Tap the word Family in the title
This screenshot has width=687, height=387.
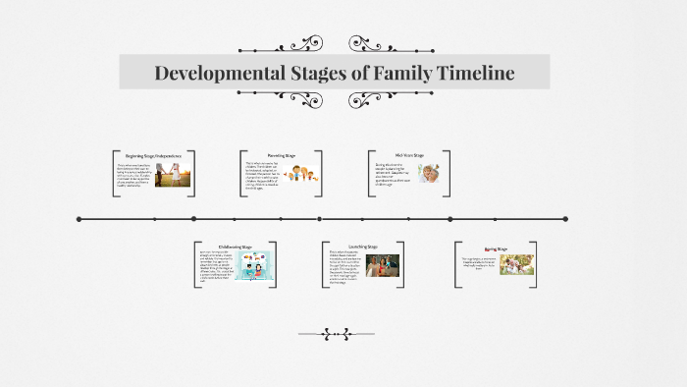(x=386, y=73)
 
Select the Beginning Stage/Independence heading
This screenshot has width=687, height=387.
(x=153, y=155)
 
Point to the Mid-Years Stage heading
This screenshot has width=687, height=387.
(x=409, y=155)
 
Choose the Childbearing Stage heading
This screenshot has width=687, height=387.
(x=235, y=247)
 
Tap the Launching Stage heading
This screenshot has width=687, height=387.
(x=362, y=247)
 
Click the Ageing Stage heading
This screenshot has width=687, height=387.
(x=496, y=249)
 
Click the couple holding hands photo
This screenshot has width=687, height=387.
(x=172, y=175)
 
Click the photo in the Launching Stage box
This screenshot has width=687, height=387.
(x=383, y=265)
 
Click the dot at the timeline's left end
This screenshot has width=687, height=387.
(x=79, y=219)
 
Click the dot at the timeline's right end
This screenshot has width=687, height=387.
(x=566, y=219)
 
